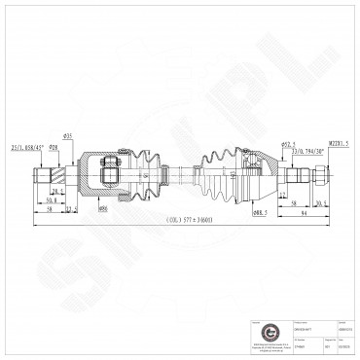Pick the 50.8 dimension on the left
pyautogui.click(x=51, y=200)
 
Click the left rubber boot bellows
pyautogui.click(x=146, y=173)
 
